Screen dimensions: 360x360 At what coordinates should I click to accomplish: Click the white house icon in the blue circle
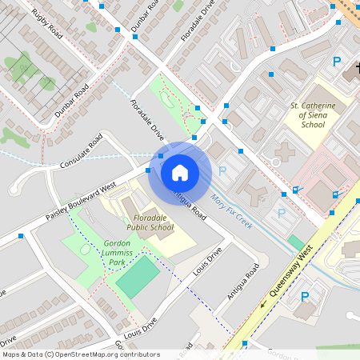[x=179, y=172]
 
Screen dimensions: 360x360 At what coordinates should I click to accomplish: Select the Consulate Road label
[x=82, y=152]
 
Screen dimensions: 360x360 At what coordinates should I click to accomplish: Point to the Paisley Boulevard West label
[x=81, y=202]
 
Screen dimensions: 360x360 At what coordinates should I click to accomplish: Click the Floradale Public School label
[x=150, y=222]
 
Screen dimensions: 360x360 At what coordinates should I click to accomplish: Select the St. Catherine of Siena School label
[x=313, y=114]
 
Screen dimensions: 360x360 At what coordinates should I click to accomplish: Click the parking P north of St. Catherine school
[x=337, y=62]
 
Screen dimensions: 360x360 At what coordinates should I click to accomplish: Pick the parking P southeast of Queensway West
[x=304, y=297]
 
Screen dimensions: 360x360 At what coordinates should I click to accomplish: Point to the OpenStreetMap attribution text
[x=81, y=354]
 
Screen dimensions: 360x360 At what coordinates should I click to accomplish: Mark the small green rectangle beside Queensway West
[x=296, y=242]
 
